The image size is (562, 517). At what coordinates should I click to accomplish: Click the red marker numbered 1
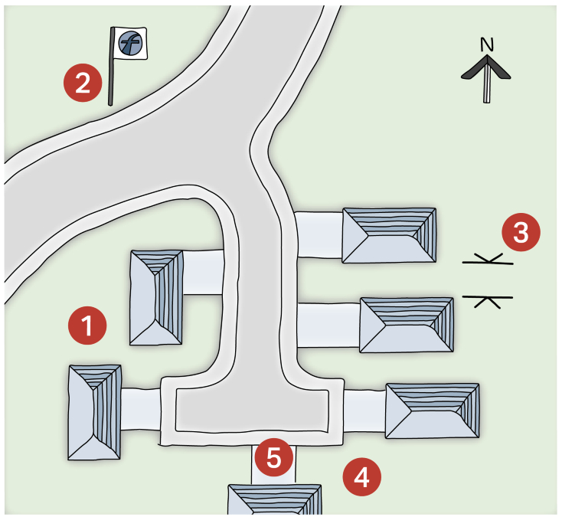pyautogui.click(x=87, y=326)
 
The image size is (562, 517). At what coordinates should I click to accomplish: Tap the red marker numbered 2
pyautogui.click(x=83, y=83)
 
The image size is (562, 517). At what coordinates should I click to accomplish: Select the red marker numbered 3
pyautogui.click(x=521, y=232)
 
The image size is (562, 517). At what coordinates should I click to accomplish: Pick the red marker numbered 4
pyautogui.click(x=361, y=477)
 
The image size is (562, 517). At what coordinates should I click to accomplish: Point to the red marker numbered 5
pyautogui.click(x=274, y=457)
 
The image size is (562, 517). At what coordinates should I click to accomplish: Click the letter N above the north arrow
pyautogui.click(x=487, y=45)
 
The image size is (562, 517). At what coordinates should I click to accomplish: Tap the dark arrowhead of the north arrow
pyautogui.click(x=486, y=67)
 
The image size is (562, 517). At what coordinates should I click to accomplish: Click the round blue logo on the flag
pyautogui.click(x=130, y=43)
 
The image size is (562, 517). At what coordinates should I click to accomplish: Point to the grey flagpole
pyautogui.click(x=111, y=67)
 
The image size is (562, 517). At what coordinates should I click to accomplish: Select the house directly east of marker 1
pyautogui.click(x=156, y=298)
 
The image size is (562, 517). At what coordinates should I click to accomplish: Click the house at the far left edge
pyautogui.click(x=95, y=412)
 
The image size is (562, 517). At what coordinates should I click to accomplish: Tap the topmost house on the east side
pyautogui.click(x=389, y=236)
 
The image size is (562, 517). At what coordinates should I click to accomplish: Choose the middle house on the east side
pyautogui.click(x=407, y=325)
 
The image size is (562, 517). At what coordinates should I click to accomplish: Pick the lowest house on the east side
pyautogui.click(x=433, y=411)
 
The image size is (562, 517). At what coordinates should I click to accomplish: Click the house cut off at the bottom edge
pyautogui.click(x=275, y=500)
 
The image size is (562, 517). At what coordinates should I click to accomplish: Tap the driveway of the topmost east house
pyautogui.click(x=319, y=234)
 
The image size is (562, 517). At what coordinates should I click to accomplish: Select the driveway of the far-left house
pyautogui.click(x=141, y=409)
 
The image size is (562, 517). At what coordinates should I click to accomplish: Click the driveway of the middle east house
pyautogui.click(x=328, y=325)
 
